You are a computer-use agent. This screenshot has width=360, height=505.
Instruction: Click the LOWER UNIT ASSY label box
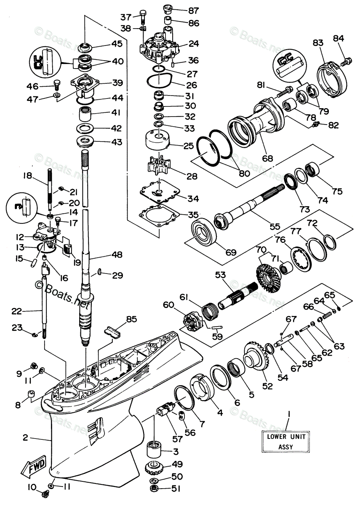click(x=286, y=441)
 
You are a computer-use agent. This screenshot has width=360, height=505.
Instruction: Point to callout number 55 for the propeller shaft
click(x=275, y=226)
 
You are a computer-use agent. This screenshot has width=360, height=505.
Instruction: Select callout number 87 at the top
click(x=193, y=10)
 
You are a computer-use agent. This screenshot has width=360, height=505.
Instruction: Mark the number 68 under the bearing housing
click(x=267, y=159)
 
